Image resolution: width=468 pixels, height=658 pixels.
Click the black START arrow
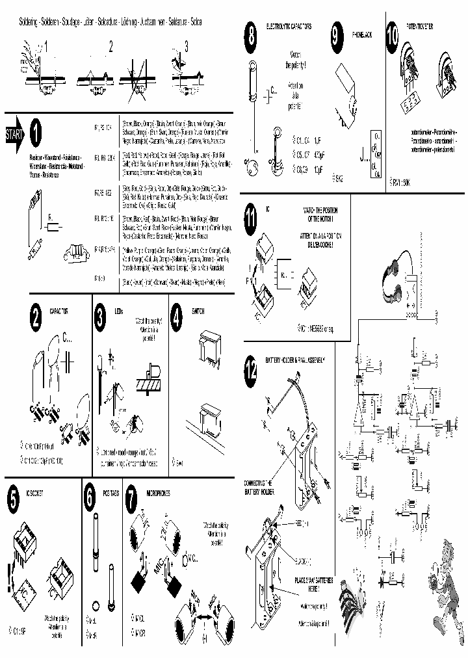[14, 135]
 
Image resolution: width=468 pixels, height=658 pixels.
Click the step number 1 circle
[36, 134]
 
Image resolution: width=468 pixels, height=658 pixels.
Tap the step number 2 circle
[36, 318]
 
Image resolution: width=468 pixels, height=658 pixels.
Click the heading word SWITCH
[198, 311]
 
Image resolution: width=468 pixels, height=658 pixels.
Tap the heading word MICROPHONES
[159, 493]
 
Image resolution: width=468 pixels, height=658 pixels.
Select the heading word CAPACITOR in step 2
[59, 312]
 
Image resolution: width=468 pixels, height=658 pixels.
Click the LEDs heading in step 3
[118, 311]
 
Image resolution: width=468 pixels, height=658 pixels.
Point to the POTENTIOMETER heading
[421, 27]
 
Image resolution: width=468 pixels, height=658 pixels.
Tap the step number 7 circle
[131, 497]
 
